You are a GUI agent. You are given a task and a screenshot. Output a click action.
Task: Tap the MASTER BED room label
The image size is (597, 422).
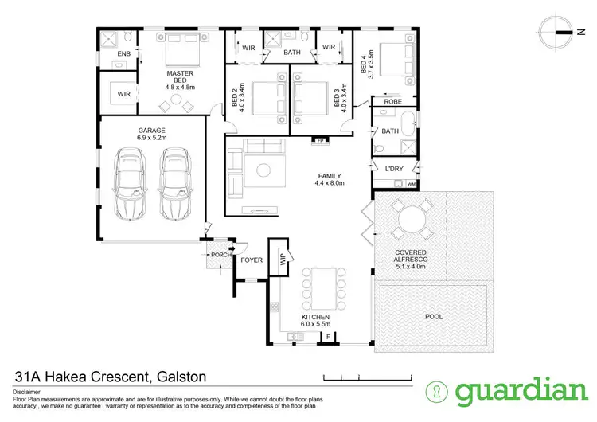coord(180,78)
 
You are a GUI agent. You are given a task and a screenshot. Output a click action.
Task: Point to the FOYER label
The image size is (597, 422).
coord(252,260)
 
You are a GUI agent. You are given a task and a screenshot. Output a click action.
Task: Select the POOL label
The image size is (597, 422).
coord(433,316)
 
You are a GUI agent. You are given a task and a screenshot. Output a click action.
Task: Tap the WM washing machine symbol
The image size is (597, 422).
coord(412,184)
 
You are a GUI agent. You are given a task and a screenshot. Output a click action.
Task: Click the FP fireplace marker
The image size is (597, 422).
coord(321,141)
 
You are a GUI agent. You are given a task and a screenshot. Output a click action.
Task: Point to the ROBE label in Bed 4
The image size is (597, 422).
coord(392,102)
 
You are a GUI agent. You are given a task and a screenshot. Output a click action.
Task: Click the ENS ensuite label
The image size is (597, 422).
coord(123,53)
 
